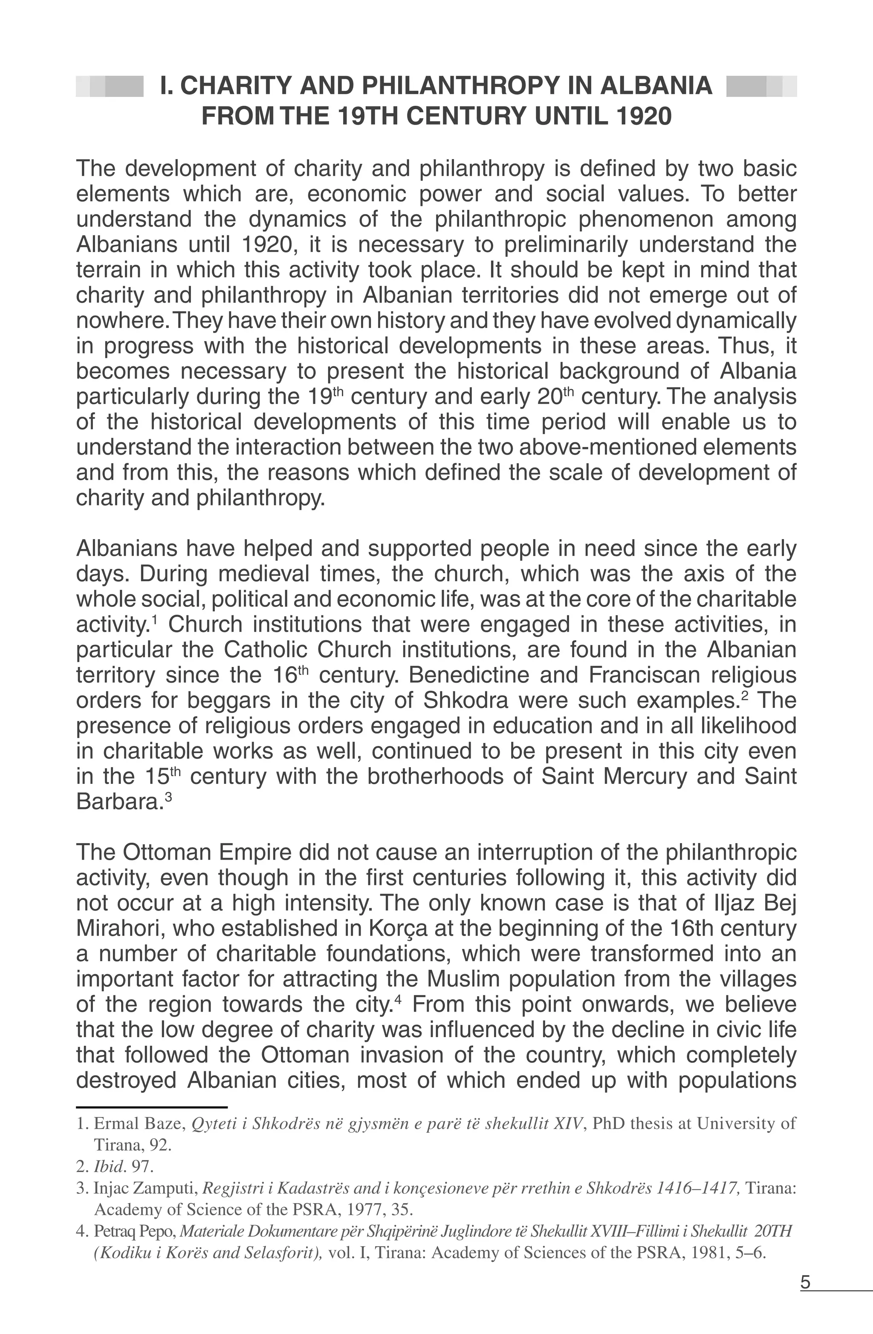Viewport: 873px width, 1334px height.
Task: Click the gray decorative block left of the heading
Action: point(110,86)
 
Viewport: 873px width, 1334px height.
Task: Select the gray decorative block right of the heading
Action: point(761,86)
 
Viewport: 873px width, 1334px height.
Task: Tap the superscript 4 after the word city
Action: point(398,1000)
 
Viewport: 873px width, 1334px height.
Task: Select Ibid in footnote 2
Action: point(105,1167)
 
